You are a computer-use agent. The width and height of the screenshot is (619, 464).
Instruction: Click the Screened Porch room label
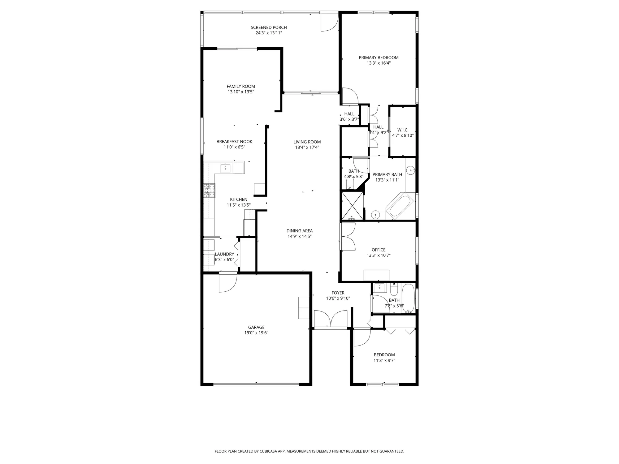pos(269,28)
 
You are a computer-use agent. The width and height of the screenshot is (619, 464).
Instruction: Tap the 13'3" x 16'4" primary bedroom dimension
pos(379,63)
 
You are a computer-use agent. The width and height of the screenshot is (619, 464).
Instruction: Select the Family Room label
pos(241,87)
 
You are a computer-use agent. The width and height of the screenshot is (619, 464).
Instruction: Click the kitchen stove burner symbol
pos(209,190)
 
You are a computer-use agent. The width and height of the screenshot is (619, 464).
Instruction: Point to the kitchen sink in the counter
pos(225,169)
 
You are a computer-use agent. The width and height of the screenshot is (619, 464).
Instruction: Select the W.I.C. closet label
pos(403,130)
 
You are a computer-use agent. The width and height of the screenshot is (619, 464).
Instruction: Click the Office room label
pos(379,250)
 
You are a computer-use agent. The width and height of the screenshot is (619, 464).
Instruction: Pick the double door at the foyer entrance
pos(331,319)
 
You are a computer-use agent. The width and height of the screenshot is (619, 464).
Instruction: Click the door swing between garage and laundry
pos(227,283)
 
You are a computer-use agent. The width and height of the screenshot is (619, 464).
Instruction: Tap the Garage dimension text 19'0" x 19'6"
pos(256,333)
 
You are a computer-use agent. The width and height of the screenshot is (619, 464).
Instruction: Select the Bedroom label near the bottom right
pos(384,355)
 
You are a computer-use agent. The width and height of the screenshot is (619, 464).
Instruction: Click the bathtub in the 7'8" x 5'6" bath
pos(408,298)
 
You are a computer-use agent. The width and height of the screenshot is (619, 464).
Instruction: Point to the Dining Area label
pos(299,231)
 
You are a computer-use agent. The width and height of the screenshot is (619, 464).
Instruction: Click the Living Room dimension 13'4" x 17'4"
pos(307,148)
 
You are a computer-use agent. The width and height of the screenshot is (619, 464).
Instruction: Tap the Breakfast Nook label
pos(234,142)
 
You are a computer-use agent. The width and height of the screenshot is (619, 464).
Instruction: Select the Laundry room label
pos(224,254)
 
